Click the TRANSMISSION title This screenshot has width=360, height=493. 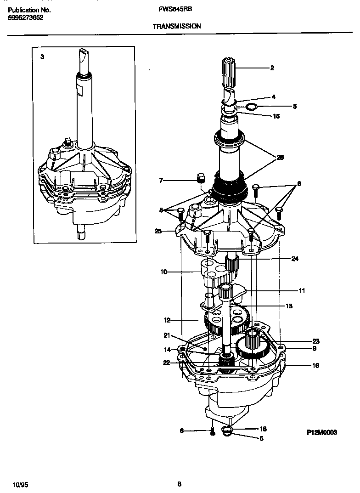pos(176,26)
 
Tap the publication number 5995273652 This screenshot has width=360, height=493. pos(27,18)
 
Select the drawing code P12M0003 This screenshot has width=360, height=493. pos(322,432)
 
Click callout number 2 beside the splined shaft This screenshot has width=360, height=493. pos(272,68)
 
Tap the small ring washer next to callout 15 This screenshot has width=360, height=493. pos(251,108)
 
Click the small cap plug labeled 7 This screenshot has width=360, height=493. pos(200,177)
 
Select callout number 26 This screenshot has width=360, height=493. pos(280,157)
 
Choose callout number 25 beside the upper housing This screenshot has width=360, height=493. pos(158,231)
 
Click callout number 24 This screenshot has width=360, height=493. pos(295,259)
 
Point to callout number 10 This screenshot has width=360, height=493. pos(163,272)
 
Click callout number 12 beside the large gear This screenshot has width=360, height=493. pos(167,320)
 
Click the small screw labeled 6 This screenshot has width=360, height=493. pos(212,432)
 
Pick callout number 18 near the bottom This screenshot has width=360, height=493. pos(263,429)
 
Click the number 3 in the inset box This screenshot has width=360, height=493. pos(43,57)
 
